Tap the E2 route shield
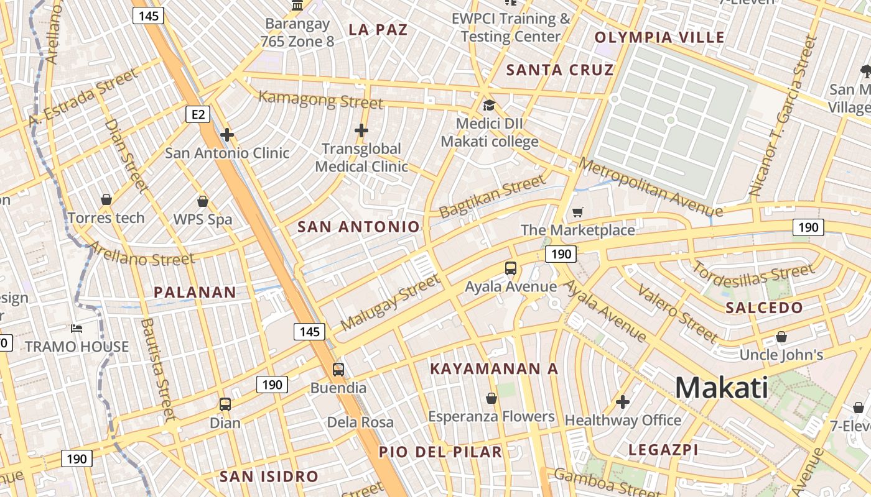pyautogui.click(x=198, y=114)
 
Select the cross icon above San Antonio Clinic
pyautogui.click(x=227, y=134)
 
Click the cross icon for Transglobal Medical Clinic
pyautogui.click(x=361, y=130)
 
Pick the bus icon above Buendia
pyautogui.click(x=338, y=370)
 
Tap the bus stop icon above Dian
pyautogui.click(x=225, y=404)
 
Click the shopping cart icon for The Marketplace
pyautogui.click(x=578, y=212)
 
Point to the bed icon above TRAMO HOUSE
pyautogui.click(x=77, y=328)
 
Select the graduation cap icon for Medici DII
pyautogui.click(x=489, y=105)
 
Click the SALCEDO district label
pyautogui.click(x=764, y=308)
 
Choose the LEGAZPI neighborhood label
pyautogui.click(x=663, y=450)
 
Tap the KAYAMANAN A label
pyautogui.click(x=494, y=368)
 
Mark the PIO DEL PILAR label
pyautogui.click(x=440, y=452)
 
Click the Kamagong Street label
pyautogui.click(x=320, y=99)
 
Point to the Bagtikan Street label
pyautogui.click(x=492, y=196)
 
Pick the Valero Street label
pyautogui.click(x=678, y=314)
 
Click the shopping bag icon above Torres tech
pyautogui.click(x=106, y=199)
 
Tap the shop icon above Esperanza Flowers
pyautogui.click(x=491, y=398)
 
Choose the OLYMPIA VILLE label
pyautogui.click(x=659, y=37)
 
